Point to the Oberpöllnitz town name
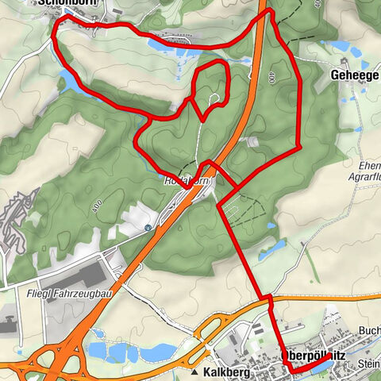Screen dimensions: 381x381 click(x=315, y=356)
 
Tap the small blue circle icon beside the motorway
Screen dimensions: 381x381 click(x=148, y=228)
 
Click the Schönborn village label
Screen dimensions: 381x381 click(x=63, y=3)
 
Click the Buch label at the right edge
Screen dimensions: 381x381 click(x=369, y=329)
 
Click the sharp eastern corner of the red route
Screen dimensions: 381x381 click(x=298, y=147)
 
